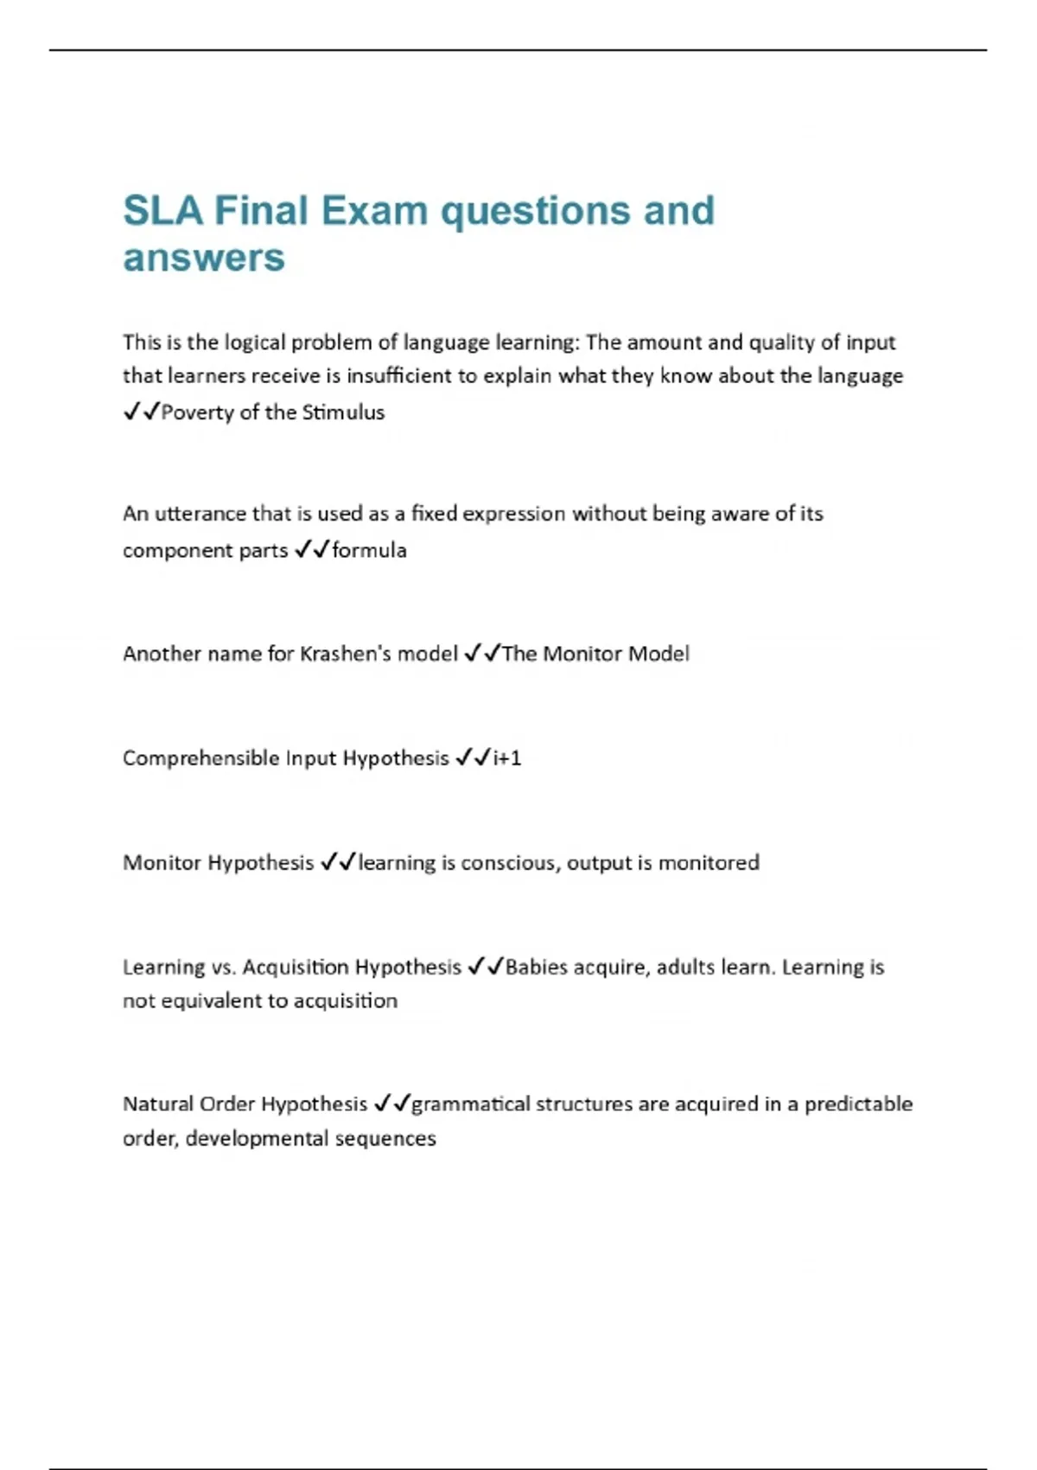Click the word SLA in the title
[162, 211]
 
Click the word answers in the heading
[204, 258]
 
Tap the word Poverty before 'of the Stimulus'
[198, 412]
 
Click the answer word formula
[369, 550]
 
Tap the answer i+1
[507, 758]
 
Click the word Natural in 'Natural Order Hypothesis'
[158, 1104]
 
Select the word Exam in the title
[375, 211]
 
